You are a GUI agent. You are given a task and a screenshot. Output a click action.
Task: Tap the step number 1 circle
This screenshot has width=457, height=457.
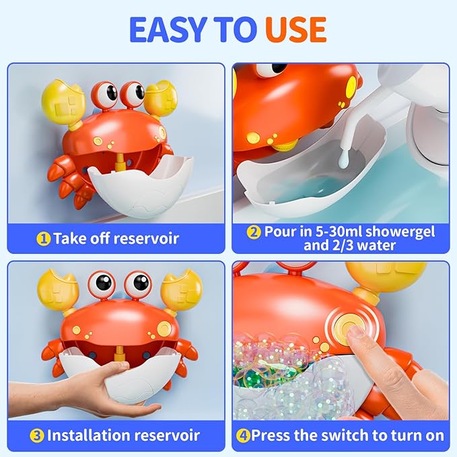tap(44, 238)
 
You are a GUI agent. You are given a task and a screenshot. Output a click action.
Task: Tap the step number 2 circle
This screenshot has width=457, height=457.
tap(254, 232)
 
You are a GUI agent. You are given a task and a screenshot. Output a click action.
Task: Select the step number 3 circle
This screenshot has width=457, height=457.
tap(36, 435)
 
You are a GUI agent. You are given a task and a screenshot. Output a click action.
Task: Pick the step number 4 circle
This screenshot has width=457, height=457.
tap(243, 435)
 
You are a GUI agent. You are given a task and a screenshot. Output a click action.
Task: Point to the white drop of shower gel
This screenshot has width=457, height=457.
tap(343, 161)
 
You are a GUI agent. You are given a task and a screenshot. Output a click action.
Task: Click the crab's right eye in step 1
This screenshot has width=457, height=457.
tap(133, 94)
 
